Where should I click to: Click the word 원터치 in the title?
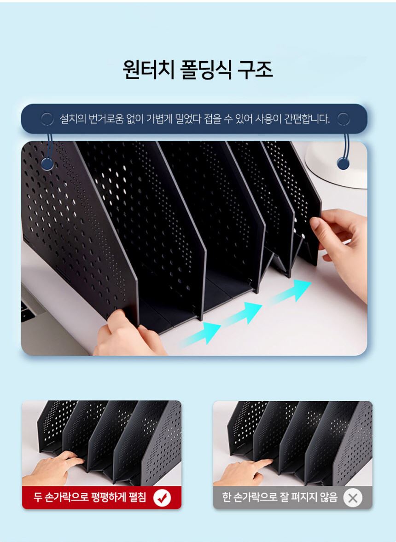coord(148,69)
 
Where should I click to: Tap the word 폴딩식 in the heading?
coord(206,69)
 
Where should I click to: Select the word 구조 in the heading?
coord(255,69)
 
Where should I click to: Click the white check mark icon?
coord(162,498)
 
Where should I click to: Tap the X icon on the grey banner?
coord(352,498)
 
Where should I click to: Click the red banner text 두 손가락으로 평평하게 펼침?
coord(90,497)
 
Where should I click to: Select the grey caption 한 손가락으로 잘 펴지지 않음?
coord(280,498)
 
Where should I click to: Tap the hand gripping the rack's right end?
coord(341,249)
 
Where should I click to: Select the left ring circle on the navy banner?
coord(47,119)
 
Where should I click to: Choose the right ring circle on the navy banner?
coord(344,119)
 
